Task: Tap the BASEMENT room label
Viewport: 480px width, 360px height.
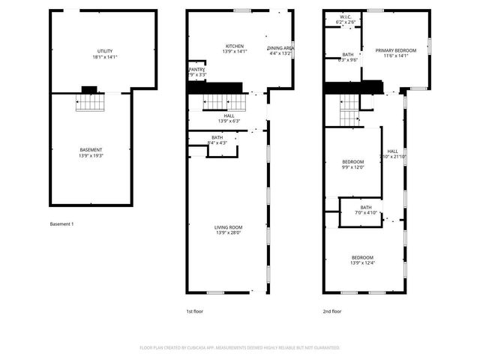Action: coord(91,153)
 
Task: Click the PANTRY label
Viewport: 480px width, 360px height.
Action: coord(196,72)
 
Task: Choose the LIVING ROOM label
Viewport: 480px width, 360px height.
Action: coord(229,230)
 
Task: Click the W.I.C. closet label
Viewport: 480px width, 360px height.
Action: coord(346,19)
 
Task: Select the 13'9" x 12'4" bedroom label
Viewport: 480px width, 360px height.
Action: coord(362,259)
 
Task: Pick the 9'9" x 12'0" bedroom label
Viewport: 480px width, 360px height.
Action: coord(353,164)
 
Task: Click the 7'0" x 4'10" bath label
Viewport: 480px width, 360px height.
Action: coord(365,211)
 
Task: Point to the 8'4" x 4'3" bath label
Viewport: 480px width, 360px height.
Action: coord(217,140)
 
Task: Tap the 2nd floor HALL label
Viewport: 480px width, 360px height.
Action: coord(392,154)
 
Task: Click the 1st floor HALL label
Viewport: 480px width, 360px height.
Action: coord(229,118)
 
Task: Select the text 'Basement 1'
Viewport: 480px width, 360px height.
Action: coord(61,224)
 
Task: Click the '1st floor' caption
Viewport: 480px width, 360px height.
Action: coord(194,310)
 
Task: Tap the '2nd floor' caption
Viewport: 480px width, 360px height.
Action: coord(332,310)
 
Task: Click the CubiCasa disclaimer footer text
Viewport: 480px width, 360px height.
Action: coord(239,348)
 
